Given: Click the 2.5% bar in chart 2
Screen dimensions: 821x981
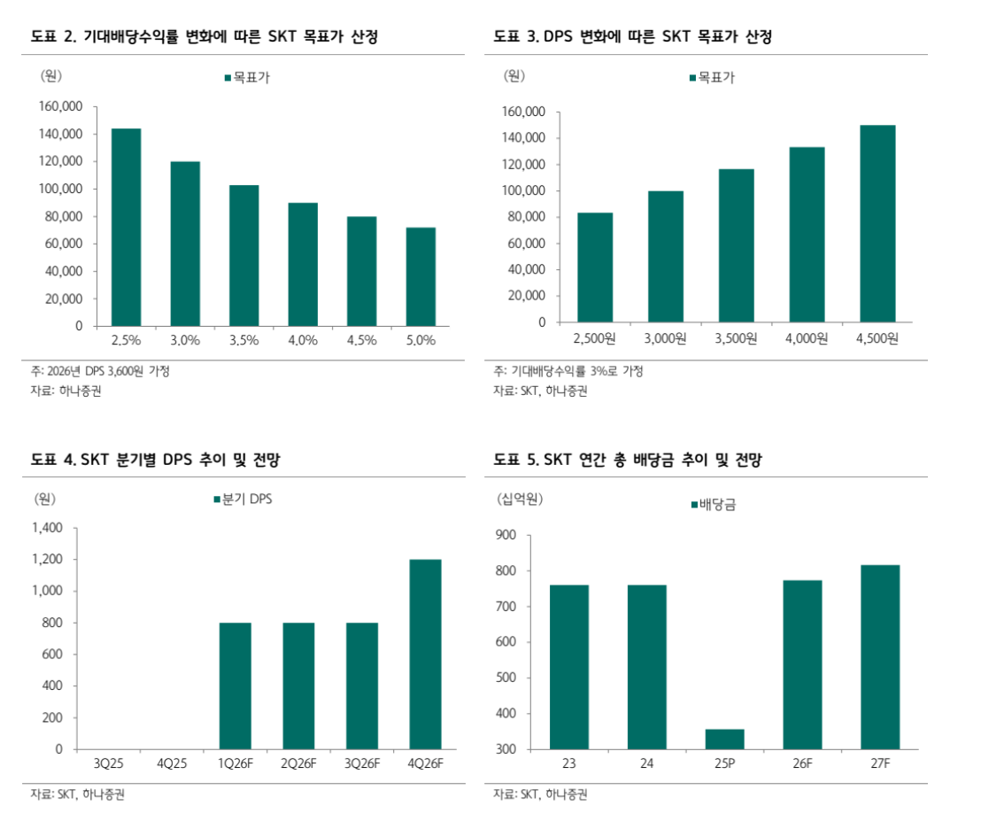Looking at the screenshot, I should pos(126,227).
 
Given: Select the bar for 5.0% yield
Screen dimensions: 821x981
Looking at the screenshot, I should pos(421,276).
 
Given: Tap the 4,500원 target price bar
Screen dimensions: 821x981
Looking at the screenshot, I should pos(877,223).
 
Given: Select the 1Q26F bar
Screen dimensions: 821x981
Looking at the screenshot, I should pos(236,685).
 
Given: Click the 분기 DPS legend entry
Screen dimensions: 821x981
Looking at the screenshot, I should pos(243,500).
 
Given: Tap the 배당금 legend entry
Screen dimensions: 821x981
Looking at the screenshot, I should pos(713,505).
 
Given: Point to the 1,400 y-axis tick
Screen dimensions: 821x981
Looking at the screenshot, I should pos(47,528).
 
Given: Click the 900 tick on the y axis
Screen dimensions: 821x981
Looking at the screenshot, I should pos(506,535).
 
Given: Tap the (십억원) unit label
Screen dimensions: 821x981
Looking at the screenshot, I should pos(521,499).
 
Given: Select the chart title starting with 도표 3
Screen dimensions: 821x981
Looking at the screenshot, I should pos(632,36).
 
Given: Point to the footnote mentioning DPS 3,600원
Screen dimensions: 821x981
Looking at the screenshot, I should pos(100,371).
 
